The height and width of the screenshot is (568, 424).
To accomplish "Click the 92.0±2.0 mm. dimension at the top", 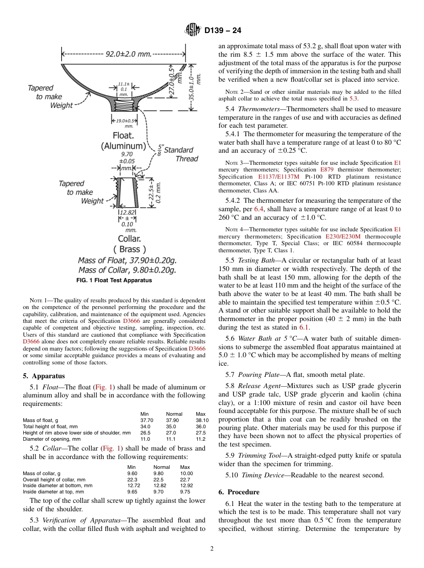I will pyautogui.click(x=128, y=54).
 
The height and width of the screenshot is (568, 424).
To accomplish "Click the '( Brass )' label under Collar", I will pyautogui.click(x=129, y=249).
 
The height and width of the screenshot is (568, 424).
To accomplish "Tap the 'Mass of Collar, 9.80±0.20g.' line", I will pyautogui.click(x=127, y=270).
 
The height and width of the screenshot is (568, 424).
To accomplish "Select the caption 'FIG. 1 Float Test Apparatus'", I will pyautogui.click(x=114, y=280).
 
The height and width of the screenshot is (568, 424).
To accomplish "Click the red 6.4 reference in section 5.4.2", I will pyautogui.click(x=259, y=209).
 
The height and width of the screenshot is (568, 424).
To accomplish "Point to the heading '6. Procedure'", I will pyautogui.click(x=239, y=492).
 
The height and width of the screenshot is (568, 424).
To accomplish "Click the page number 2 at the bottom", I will pyautogui.click(x=212, y=549).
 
